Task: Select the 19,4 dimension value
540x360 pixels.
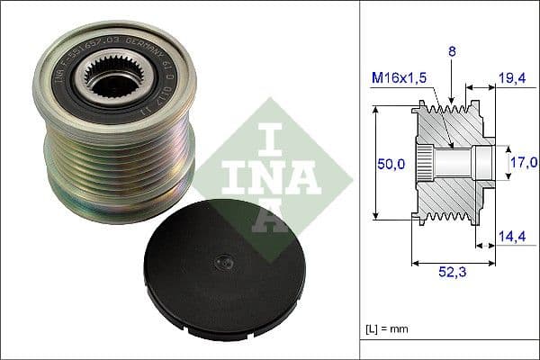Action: (512, 79)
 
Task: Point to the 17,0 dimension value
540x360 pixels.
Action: (523, 163)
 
